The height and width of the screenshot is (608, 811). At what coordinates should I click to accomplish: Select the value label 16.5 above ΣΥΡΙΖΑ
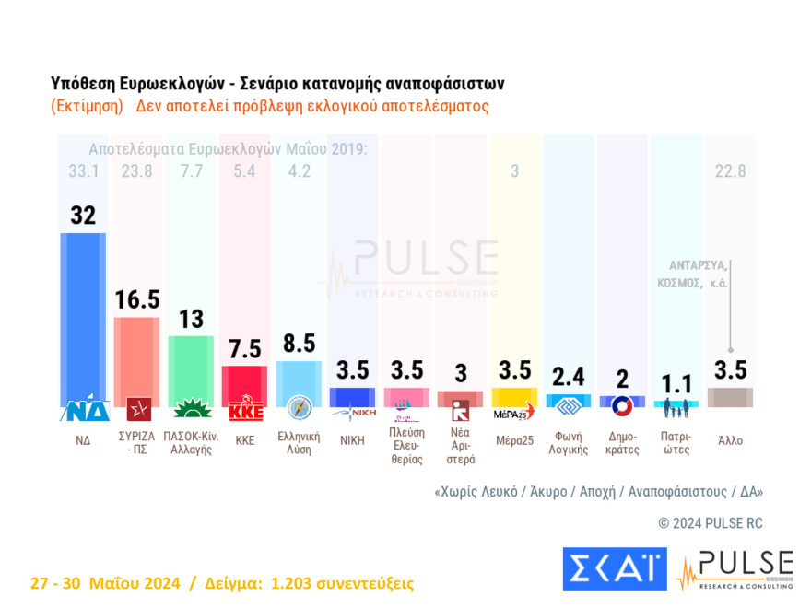tap(137, 299)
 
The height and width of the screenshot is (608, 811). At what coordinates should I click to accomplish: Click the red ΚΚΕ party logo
tap(245, 410)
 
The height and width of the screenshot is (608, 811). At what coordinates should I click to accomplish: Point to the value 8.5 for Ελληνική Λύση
tap(299, 343)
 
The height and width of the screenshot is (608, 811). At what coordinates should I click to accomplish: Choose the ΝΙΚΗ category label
tap(352, 440)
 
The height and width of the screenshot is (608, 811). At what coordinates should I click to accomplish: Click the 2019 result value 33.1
tap(83, 170)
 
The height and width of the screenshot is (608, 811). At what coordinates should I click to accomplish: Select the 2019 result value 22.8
tap(730, 170)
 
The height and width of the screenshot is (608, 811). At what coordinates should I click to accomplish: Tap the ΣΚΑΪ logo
tap(614, 568)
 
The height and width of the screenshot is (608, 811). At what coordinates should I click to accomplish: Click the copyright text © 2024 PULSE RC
tap(710, 523)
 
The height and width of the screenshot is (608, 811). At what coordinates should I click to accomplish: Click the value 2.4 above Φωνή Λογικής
tap(568, 377)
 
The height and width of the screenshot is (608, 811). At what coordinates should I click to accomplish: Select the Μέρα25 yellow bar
tap(514, 396)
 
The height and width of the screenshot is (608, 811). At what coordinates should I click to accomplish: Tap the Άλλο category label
tap(730, 440)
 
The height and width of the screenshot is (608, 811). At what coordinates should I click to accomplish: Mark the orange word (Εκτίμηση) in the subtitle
tap(88, 106)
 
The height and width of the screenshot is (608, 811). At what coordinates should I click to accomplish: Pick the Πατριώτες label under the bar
tap(676, 443)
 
